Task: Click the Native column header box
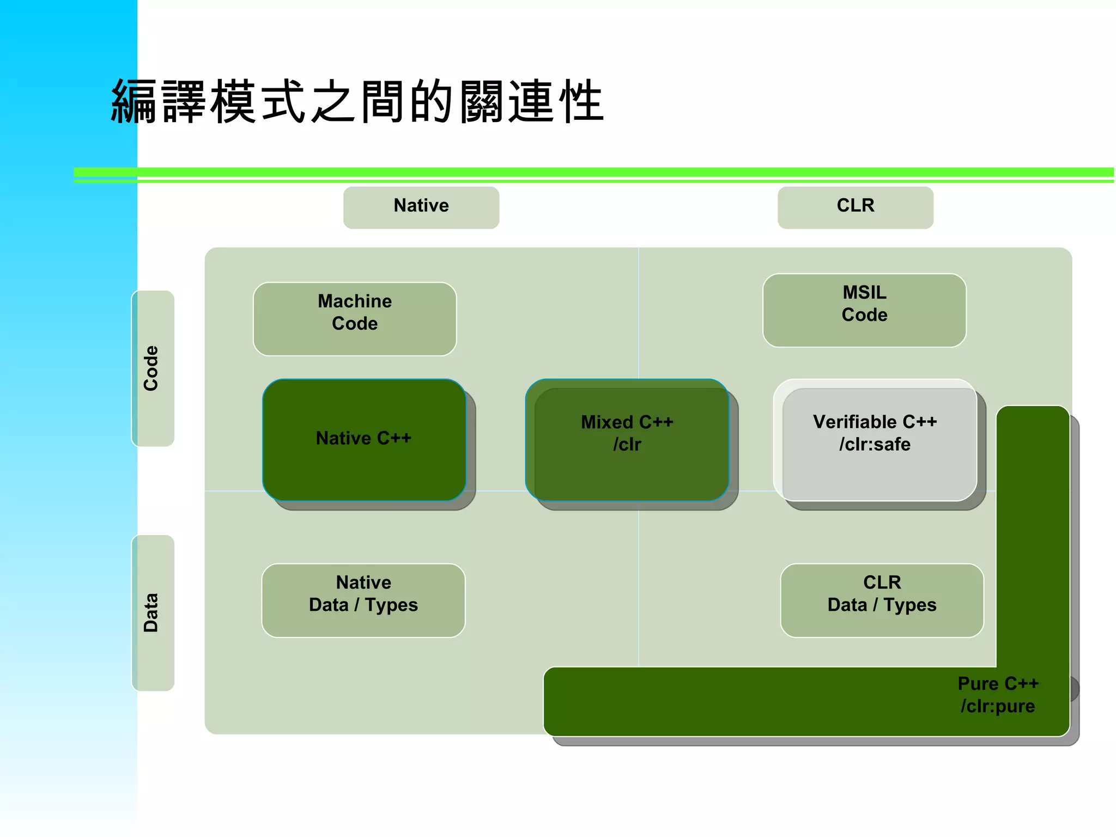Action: click(x=421, y=207)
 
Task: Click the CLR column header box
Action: click(x=855, y=207)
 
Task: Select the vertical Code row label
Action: click(x=152, y=368)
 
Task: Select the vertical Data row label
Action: click(x=152, y=612)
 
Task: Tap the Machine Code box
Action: click(x=355, y=319)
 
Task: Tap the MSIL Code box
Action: click(x=864, y=310)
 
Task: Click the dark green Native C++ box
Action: click(x=363, y=439)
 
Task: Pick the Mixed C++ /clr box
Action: click(x=627, y=439)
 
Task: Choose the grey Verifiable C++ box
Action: click(x=875, y=439)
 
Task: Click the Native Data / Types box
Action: click(x=363, y=600)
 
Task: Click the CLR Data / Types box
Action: click(x=882, y=600)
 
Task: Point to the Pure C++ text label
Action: click(x=998, y=683)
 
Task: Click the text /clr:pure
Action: click(x=997, y=706)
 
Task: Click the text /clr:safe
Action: click(x=875, y=445)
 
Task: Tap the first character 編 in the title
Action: click(x=134, y=101)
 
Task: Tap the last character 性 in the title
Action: click(x=581, y=101)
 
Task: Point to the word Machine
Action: click(x=355, y=301)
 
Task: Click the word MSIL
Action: click(x=864, y=293)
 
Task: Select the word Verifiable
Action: click(x=855, y=422)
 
